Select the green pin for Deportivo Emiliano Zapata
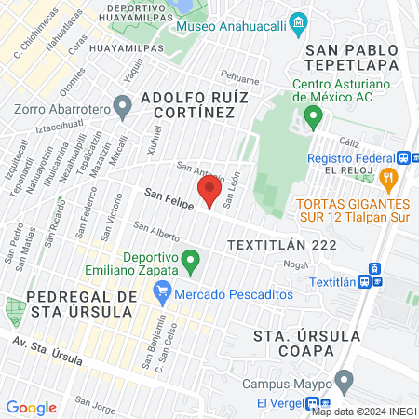point(191,261)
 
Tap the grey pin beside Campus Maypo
point(345,380)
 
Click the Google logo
point(31,407)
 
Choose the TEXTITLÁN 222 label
point(274,244)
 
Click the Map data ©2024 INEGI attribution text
point(363,412)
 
